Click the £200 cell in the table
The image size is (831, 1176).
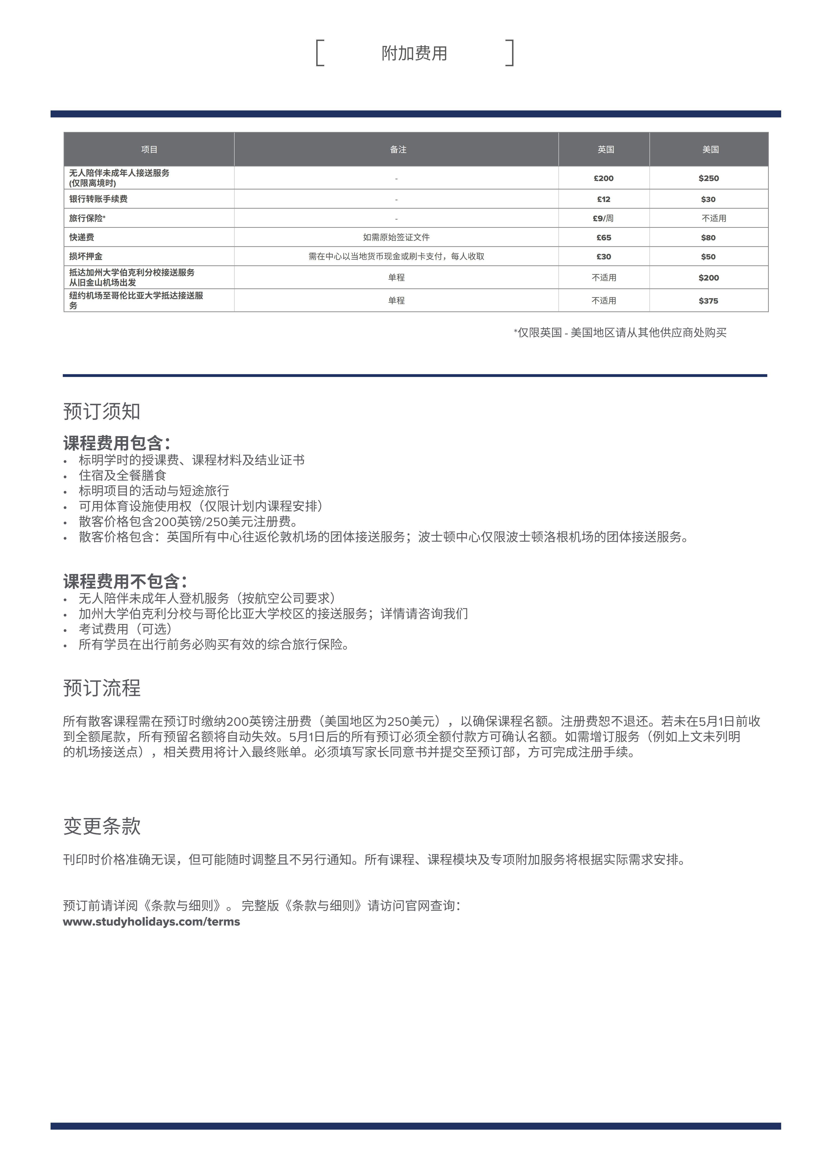(604, 178)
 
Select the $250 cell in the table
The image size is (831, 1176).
(709, 178)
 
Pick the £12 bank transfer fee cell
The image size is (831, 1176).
(604, 199)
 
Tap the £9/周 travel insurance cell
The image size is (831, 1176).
(603, 218)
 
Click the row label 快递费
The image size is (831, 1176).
(82, 237)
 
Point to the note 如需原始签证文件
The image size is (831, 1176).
(396, 237)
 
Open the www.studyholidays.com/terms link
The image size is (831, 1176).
(152, 922)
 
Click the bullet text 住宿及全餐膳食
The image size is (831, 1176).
(122, 475)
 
